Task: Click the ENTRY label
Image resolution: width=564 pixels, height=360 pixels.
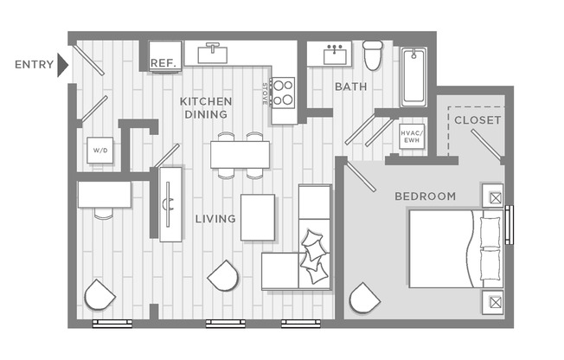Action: pyautogui.click(x=34, y=64)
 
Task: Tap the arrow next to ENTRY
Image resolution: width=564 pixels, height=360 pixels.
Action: pyautogui.click(x=62, y=65)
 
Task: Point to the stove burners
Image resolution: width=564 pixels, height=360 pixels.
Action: pyautogui.click(x=283, y=91)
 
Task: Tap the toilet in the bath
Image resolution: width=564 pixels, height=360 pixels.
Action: pyautogui.click(x=373, y=55)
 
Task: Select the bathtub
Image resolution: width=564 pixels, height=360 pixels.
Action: pyautogui.click(x=413, y=77)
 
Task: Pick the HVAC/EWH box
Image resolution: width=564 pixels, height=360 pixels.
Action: pyautogui.click(x=411, y=137)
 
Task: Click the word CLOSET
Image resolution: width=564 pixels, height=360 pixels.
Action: pyautogui.click(x=477, y=120)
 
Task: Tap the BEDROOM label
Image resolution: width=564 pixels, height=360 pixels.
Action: pyautogui.click(x=425, y=196)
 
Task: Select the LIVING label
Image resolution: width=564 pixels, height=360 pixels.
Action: pyautogui.click(x=215, y=219)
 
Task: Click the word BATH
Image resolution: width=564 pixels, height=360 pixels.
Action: pyautogui.click(x=351, y=87)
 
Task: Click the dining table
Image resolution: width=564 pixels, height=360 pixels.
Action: pyautogui.click(x=240, y=155)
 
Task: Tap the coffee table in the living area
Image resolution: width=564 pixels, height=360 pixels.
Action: pyautogui.click(x=257, y=217)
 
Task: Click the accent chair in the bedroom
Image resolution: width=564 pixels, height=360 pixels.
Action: pyautogui.click(x=363, y=299)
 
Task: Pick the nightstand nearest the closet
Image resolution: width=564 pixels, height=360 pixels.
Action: pyautogui.click(x=493, y=196)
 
